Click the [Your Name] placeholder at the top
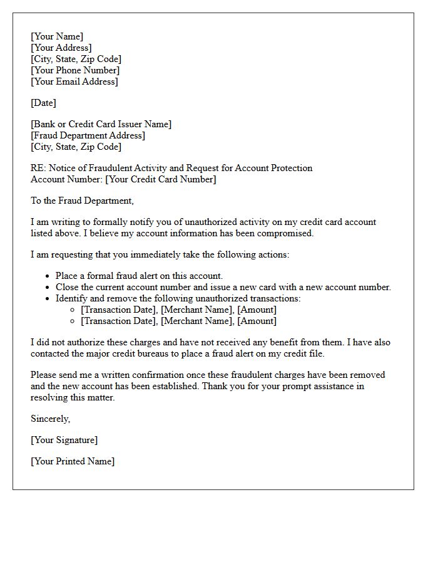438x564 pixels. pos(57,36)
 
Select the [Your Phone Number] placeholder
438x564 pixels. pos(74,70)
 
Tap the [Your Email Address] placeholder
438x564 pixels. pos(74,81)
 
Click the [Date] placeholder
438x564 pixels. pos(43,103)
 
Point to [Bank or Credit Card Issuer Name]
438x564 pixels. pos(101,124)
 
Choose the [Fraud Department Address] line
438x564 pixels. pos(88,135)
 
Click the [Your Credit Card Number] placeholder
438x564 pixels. pos(161,179)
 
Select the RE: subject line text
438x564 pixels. pos(171,168)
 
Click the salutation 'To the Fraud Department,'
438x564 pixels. pos(82,201)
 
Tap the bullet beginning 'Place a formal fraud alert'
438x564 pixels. pos(139,276)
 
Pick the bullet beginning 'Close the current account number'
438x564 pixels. pos(223,287)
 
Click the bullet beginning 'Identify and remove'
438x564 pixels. pos(178,298)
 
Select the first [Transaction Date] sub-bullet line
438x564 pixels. pos(178,310)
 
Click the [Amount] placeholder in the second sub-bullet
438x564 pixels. pos(257,321)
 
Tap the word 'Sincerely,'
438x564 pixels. pos(51,419)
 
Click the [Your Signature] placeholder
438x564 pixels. pos(64,440)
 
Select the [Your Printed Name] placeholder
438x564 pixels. pos(73,461)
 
